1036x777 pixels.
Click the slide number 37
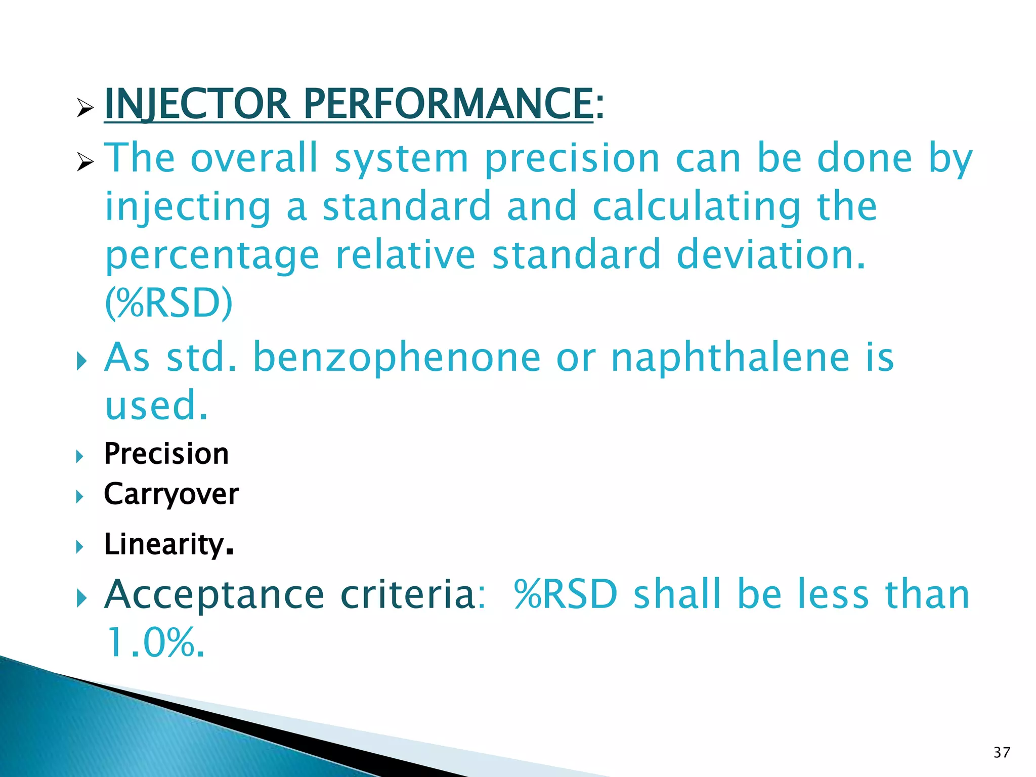1002,753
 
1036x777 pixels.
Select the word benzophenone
397,358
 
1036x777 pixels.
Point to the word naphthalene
730,358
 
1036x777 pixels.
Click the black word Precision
166,454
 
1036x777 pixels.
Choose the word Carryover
171,494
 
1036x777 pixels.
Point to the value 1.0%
155,642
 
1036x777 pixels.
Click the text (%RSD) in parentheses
168,304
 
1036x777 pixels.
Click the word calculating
697,207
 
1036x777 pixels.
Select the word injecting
188,207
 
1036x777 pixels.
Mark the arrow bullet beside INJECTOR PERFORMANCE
85,108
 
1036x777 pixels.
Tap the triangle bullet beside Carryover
79,497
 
